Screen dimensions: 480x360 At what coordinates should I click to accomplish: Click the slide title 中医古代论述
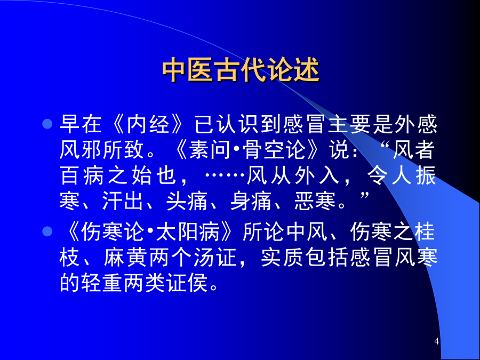point(241,70)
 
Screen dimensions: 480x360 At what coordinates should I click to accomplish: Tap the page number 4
point(436,341)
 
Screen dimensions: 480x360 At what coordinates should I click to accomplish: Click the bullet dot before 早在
point(47,124)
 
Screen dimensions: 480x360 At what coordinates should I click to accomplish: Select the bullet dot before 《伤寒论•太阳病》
point(47,231)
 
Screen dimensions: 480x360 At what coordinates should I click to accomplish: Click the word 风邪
point(81,150)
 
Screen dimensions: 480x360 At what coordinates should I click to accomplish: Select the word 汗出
point(123,201)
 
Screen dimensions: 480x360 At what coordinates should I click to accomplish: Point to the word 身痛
point(251,201)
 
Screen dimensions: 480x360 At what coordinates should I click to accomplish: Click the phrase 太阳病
point(188,231)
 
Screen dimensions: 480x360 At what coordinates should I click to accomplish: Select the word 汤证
point(215,257)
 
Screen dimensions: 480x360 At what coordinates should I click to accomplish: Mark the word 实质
point(282,257)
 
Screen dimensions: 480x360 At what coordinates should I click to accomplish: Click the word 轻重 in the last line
point(102,283)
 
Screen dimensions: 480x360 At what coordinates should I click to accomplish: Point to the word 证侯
point(187,283)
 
